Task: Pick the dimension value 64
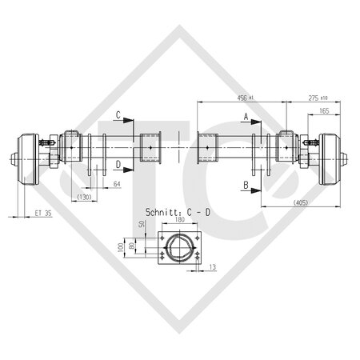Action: [118, 186]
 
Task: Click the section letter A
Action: [246, 116]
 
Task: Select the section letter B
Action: [246, 185]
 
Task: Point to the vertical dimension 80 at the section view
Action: [132, 247]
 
